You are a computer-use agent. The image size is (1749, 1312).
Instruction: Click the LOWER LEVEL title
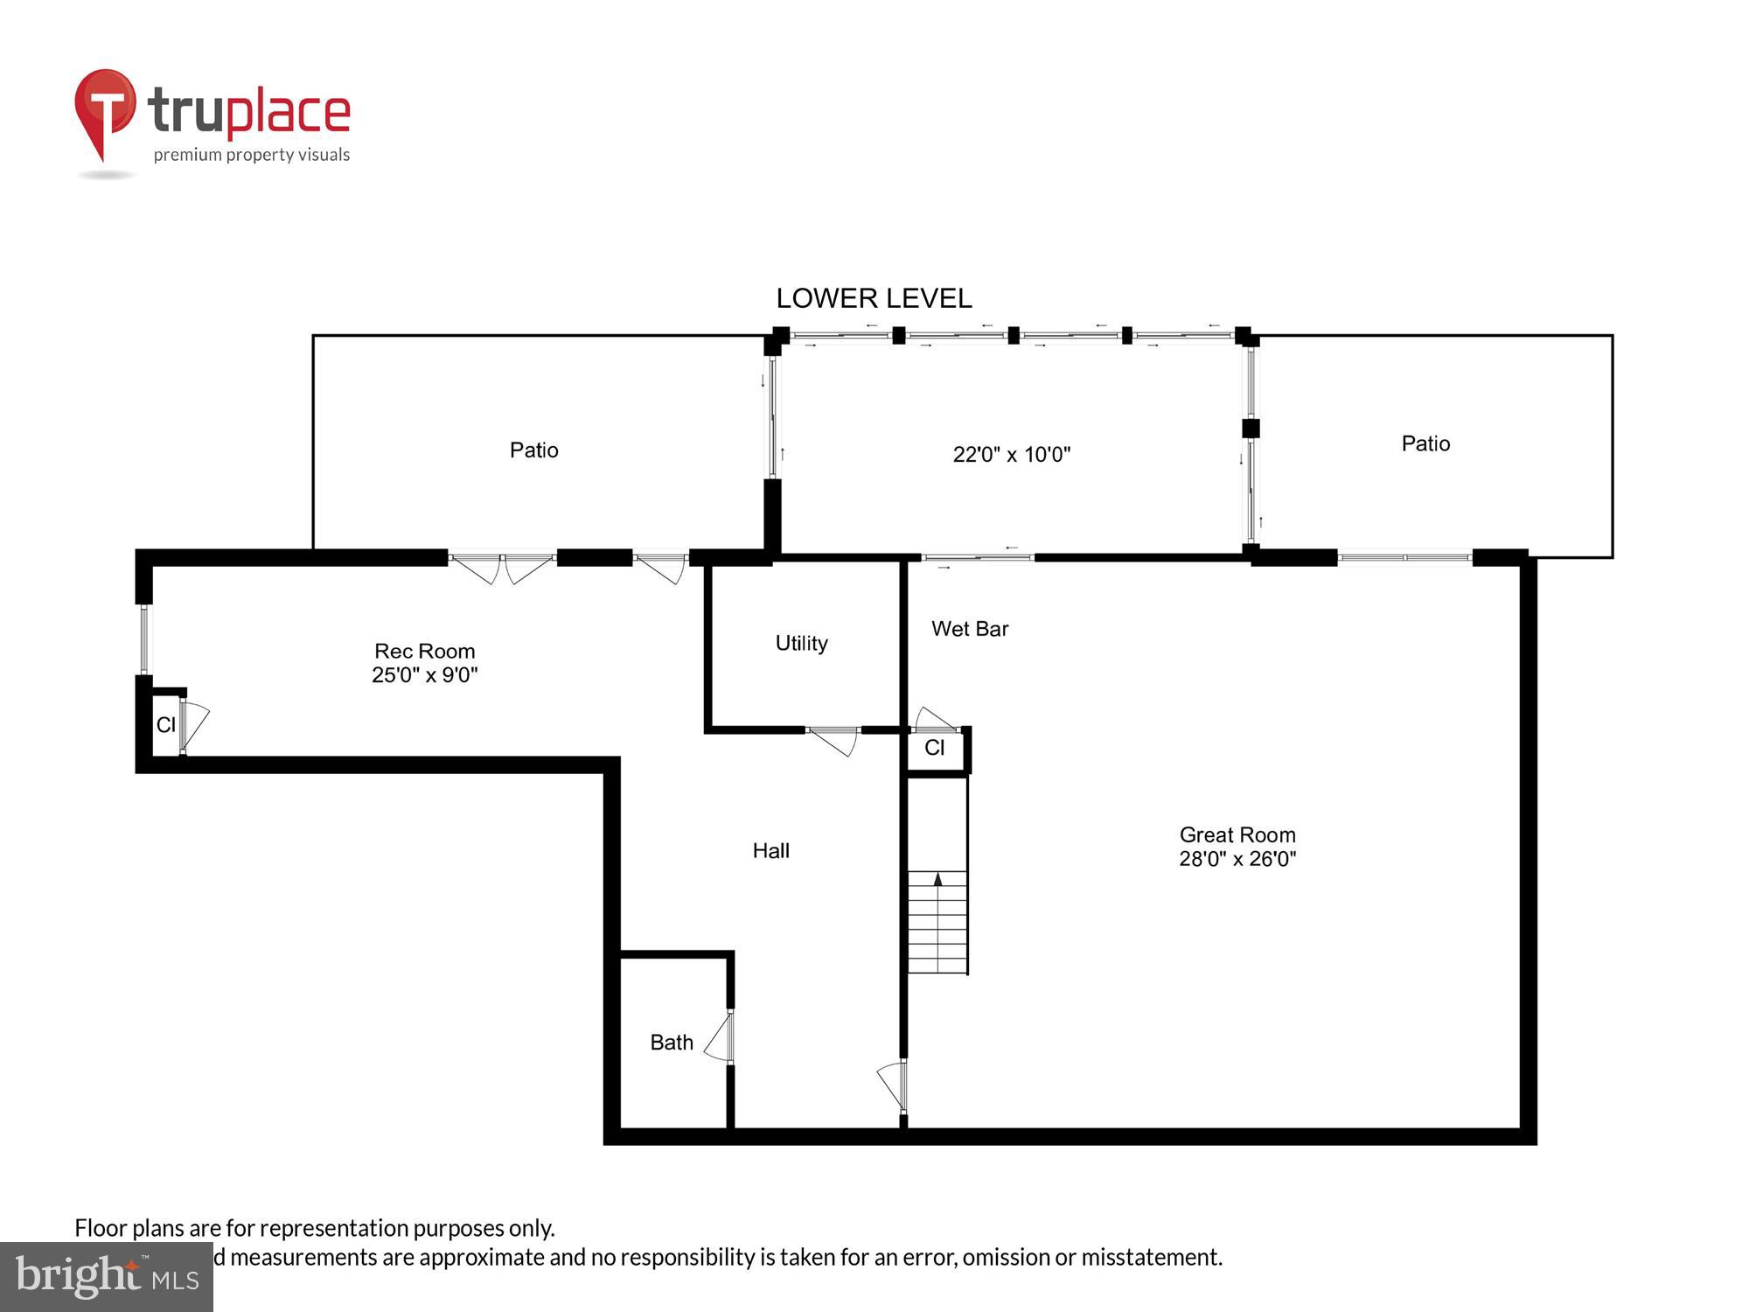point(874,298)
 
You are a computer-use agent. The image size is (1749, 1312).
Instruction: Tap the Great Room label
point(1237,834)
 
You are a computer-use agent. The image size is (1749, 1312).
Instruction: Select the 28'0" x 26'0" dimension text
point(1237,859)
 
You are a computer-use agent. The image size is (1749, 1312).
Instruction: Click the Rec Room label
point(424,651)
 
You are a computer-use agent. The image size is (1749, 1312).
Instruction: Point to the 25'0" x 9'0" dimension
point(424,675)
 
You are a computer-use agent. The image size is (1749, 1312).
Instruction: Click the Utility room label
point(801,643)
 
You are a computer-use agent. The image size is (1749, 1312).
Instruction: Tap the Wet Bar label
point(969,629)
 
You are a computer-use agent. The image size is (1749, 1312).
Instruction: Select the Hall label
point(770,850)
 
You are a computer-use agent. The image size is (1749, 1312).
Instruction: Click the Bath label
point(671,1043)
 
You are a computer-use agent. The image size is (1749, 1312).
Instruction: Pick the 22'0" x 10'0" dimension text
point(1011,455)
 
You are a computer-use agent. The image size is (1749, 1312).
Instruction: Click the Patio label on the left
point(533,450)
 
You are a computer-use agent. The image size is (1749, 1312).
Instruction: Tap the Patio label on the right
point(1425,443)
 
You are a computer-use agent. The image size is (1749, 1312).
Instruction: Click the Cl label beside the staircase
point(934,748)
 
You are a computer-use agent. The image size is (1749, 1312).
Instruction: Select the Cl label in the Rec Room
point(165,725)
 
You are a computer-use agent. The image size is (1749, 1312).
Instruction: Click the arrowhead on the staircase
point(937,879)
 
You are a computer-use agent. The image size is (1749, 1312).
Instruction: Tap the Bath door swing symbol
point(719,1038)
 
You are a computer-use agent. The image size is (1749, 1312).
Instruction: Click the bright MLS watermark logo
point(106,1277)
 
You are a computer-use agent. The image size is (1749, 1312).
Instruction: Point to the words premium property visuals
point(252,156)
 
